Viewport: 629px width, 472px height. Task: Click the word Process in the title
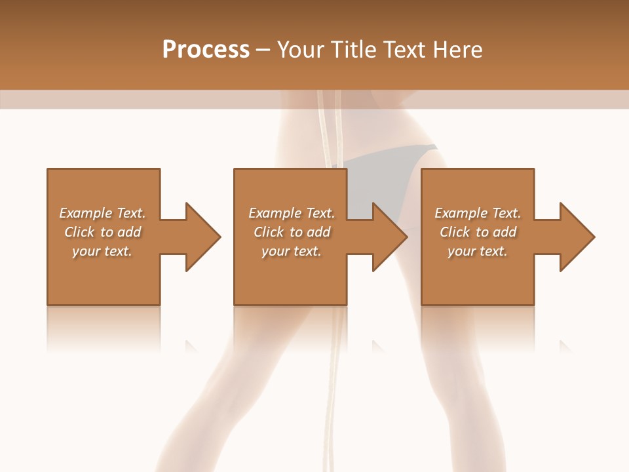[206, 50]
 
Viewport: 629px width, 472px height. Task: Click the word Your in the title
[301, 50]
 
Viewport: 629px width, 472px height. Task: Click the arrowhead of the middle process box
[389, 237]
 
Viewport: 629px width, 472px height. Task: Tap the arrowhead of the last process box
[577, 237]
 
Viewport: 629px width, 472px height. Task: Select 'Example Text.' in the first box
[102, 213]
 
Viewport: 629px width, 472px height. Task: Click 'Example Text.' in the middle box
[291, 213]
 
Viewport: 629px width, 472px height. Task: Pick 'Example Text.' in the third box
[478, 213]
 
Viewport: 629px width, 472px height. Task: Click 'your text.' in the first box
[102, 251]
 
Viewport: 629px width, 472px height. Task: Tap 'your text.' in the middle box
[291, 251]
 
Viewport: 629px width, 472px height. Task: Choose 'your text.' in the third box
[478, 251]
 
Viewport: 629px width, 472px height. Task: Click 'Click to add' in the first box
[102, 232]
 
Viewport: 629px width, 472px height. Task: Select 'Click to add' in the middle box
[291, 232]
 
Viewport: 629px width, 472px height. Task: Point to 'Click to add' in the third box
[478, 232]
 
